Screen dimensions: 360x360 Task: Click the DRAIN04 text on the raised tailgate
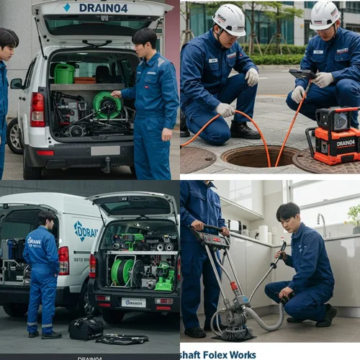tap(103, 8)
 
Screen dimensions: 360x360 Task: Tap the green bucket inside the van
tap(64, 73)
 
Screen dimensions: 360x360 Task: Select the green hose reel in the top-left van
tap(107, 105)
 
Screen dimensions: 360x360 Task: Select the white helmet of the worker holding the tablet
tap(325, 14)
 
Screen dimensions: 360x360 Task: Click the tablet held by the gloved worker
tap(302, 75)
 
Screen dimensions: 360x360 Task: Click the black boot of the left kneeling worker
tap(246, 131)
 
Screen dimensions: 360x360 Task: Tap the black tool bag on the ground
tap(85, 328)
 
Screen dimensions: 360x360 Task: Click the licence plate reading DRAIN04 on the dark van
tap(133, 303)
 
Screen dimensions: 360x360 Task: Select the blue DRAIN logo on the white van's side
tap(85, 230)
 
